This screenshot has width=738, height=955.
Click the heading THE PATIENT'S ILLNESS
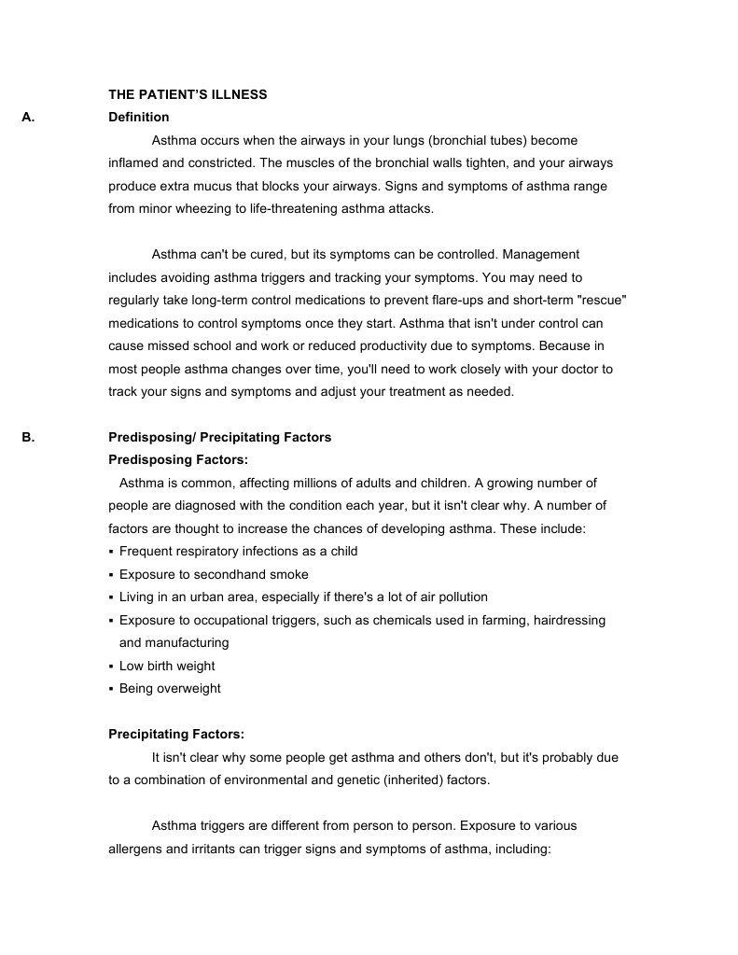point(188,94)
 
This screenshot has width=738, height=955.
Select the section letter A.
point(27,118)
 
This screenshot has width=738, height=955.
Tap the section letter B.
point(27,437)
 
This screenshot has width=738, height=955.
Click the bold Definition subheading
point(139,118)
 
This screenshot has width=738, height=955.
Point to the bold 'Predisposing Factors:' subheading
point(178,459)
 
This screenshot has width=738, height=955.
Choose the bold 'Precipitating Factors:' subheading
point(176,734)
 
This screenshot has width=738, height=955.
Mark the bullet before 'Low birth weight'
point(111,667)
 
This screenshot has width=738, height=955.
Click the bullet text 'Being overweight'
point(170,688)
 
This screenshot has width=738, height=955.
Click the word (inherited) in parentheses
point(405,779)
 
